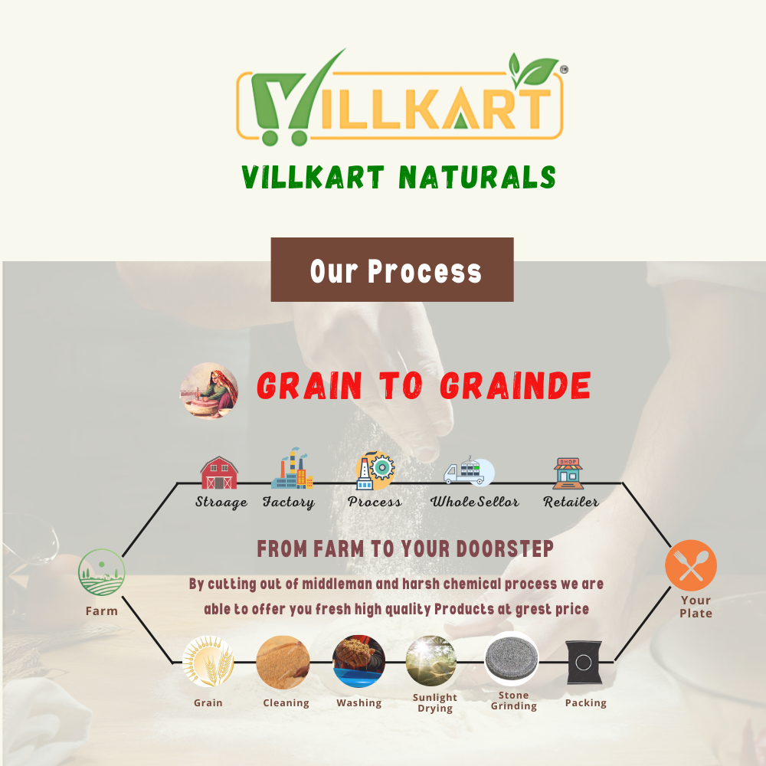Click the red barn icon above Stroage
pyautogui.click(x=219, y=473)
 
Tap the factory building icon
pyautogui.click(x=292, y=468)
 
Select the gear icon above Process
pyautogui.click(x=375, y=470)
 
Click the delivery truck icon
pyautogui.click(x=469, y=471)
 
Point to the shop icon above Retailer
pyautogui.click(x=568, y=473)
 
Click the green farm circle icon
pyautogui.click(x=102, y=572)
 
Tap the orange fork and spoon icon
pyautogui.click(x=691, y=565)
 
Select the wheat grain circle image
pyautogui.click(x=208, y=662)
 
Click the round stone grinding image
pyautogui.click(x=512, y=659)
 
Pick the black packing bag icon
pyautogui.click(x=584, y=663)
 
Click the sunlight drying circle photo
pyautogui.click(x=430, y=660)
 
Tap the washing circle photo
pyautogui.click(x=358, y=662)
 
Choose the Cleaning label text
pyautogui.click(x=286, y=703)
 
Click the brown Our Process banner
pyautogui.click(x=392, y=270)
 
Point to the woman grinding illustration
pyautogui.click(x=209, y=391)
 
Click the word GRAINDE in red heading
pyautogui.click(x=516, y=386)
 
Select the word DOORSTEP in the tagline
pyautogui.click(x=505, y=548)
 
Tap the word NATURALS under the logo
pyautogui.click(x=477, y=177)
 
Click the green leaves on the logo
pyautogui.click(x=533, y=70)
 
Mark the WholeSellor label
pyautogui.click(x=474, y=502)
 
